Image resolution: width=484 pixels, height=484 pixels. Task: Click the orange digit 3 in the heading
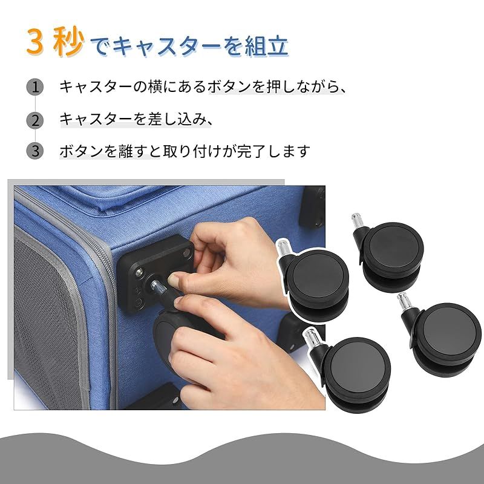[34, 42]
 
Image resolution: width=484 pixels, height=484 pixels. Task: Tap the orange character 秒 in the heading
[68, 42]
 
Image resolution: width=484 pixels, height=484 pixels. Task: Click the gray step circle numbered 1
[35, 87]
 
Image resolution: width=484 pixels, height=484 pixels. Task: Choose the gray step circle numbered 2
[35, 120]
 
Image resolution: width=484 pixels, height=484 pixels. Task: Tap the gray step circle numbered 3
[35, 151]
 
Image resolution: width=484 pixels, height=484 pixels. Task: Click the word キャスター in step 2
[96, 119]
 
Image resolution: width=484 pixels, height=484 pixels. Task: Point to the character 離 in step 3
[125, 151]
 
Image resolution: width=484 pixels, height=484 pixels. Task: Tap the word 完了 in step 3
[252, 151]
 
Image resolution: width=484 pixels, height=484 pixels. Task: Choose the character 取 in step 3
[170, 151]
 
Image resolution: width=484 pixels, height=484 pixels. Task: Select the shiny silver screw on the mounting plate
[139, 272]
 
